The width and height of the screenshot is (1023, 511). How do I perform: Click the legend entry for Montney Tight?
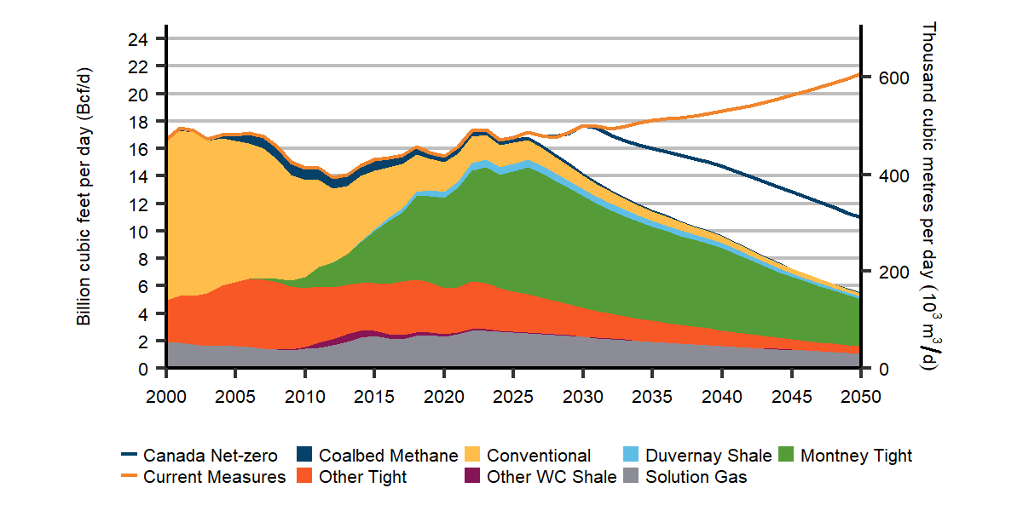click(x=856, y=456)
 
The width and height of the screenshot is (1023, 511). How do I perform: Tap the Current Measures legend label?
click(x=214, y=477)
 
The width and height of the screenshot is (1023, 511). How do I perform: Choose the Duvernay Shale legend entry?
click(x=708, y=456)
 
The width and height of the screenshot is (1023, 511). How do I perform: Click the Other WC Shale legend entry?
click(x=552, y=477)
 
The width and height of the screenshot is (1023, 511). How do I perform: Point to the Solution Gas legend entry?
click(x=696, y=477)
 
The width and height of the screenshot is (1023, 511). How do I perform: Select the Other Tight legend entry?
click(x=362, y=477)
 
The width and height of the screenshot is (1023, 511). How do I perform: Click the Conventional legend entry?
click(x=539, y=456)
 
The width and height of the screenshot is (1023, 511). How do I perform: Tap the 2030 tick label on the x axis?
click(x=583, y=397)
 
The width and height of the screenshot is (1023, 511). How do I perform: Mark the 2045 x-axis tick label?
click(x=791, y=397)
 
